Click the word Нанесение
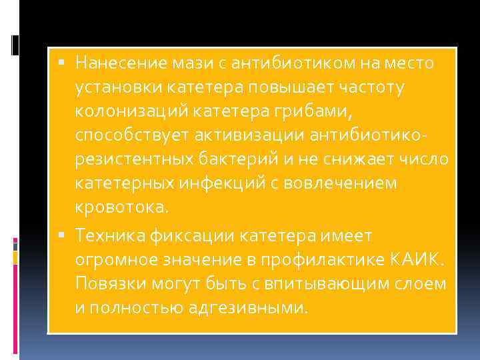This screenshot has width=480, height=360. coord(113,63)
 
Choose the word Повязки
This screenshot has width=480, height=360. coord(109,283)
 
